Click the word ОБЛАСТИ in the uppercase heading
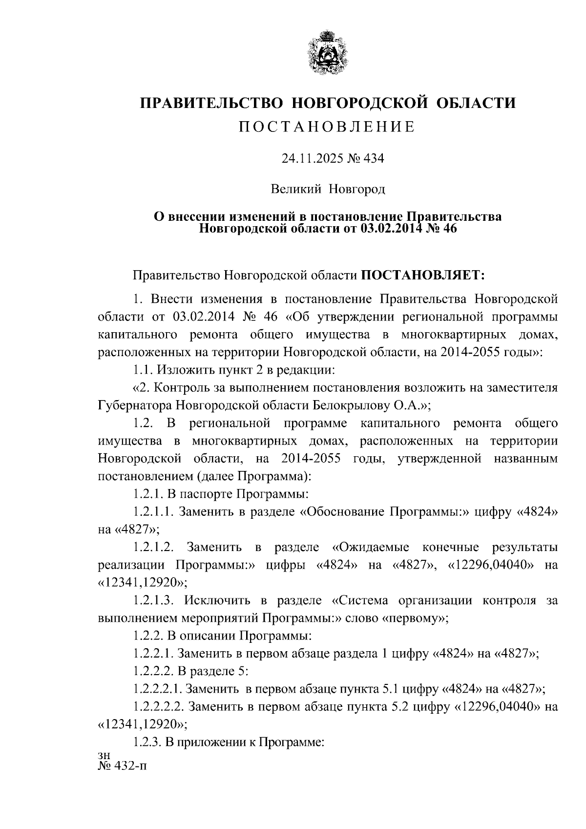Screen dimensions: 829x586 (x=477, y=103)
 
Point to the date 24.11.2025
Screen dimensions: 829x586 (x=311, y=158)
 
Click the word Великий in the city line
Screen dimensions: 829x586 (x=296, y=189)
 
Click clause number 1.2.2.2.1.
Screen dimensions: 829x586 (x=157, y=689)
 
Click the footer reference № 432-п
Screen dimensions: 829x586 (x=122, y=766)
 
